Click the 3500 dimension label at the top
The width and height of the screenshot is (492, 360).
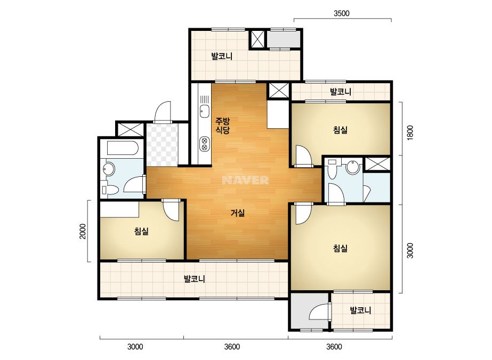pyautogui.click(x=341, y=13)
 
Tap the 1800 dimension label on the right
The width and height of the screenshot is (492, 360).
pyautogui.click(x=410, y=133)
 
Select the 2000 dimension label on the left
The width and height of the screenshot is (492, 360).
pyautogui.click(x=83, y=231)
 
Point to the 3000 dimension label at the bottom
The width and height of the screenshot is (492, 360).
pyautogui.click(x=135, y=347)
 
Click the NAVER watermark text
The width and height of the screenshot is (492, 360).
pyautogui.click(x=245, y=180)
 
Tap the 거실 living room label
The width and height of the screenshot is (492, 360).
pyautogui.click(x=238, y=213)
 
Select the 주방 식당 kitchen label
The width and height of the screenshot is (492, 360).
pyautogui.click(x=222, y=126)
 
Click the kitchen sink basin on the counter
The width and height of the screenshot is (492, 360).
pyautogui.click(x=205, y=111)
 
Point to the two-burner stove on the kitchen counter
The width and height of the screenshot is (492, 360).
pyautogui.click(x=205, y=144)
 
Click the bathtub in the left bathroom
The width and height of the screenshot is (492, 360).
pyautogui.click(x=122, y=148)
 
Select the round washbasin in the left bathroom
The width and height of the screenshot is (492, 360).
pyautogui.click(x=109, y=169)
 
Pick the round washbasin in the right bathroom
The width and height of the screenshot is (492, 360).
pyautogui.click(x=353, y=167)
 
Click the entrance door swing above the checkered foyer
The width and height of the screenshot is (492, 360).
pyautogui.click(x=163, y=112)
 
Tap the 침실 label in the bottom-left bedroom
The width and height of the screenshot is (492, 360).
pyautogui.click(x=141, y=232)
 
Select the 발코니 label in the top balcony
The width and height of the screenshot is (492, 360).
pyautogui.click(x=222, y=56)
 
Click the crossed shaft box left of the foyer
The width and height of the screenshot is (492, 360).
pyautogui.click(x=130, y=129)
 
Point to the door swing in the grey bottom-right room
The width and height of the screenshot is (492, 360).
pyautogui.click(x=320, y=312)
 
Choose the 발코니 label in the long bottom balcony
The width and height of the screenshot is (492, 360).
pyautogui.click(x=195, y=279)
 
